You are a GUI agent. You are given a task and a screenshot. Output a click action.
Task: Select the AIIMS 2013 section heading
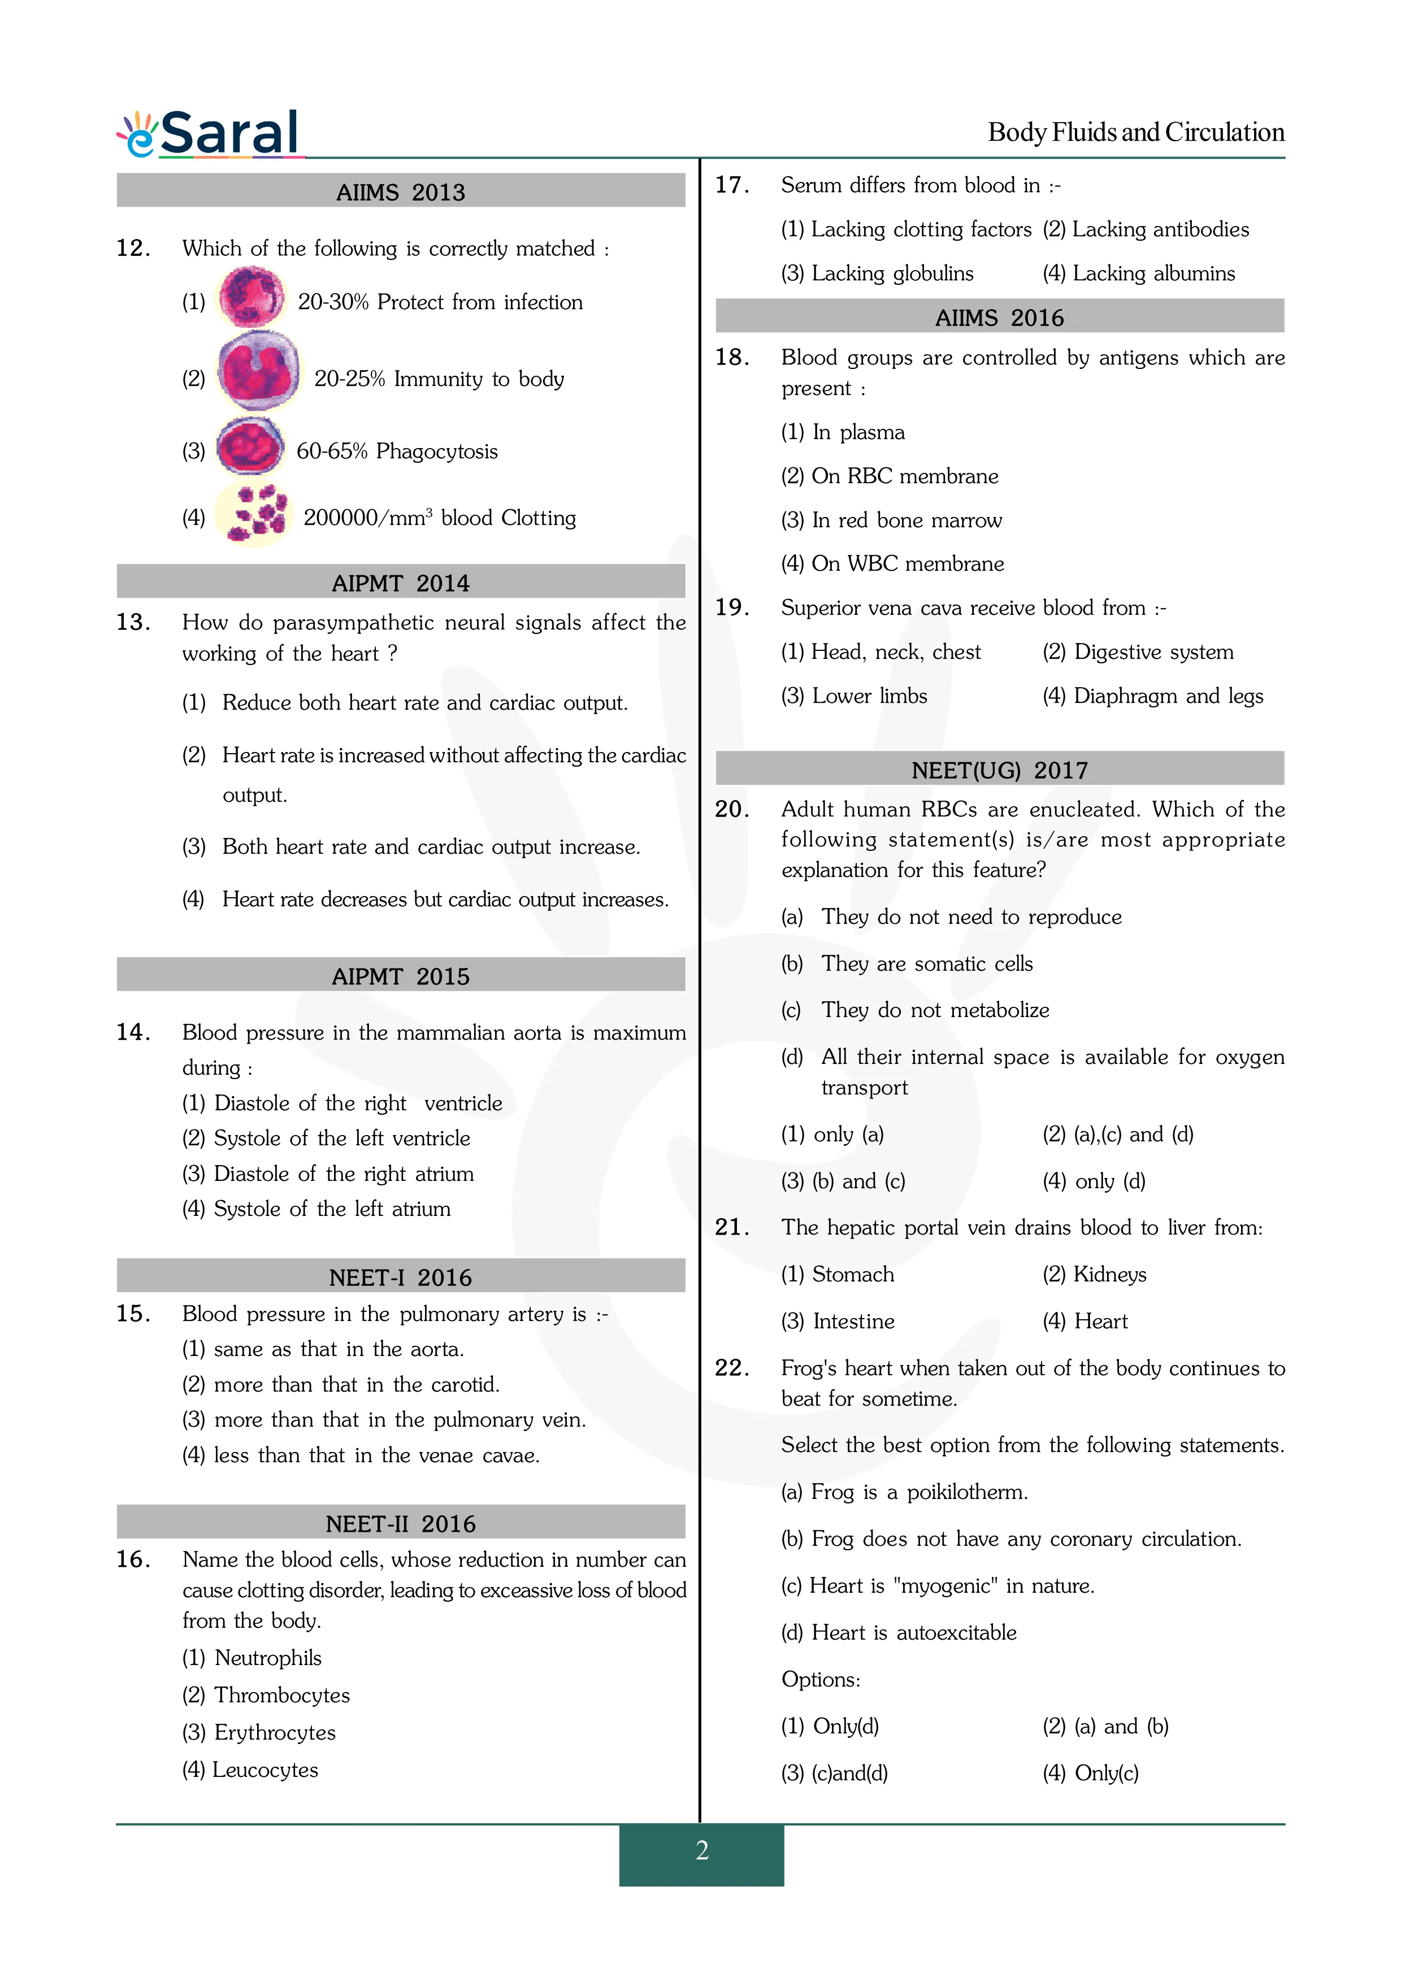(x=401, y=192)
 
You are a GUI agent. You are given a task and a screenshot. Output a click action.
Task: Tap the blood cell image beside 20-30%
(x=250, y=298)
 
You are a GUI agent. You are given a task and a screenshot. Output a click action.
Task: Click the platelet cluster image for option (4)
(x=254, y=515)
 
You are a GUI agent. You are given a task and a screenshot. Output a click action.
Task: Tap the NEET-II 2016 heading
(x=401, y=1524)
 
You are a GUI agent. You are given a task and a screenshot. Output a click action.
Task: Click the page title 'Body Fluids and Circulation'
(x=1136, y=132)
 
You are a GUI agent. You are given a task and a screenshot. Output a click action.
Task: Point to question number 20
(x=732, y=810)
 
